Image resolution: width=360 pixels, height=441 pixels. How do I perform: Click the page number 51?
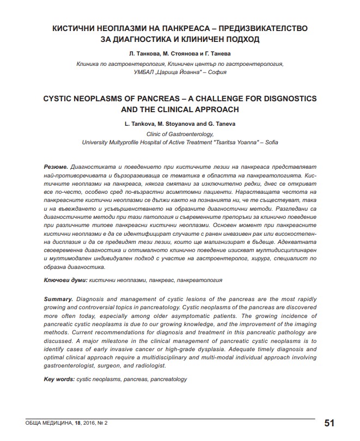329,423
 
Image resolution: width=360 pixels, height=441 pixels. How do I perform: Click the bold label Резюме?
56,165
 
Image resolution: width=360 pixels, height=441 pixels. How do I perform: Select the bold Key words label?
59,379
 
